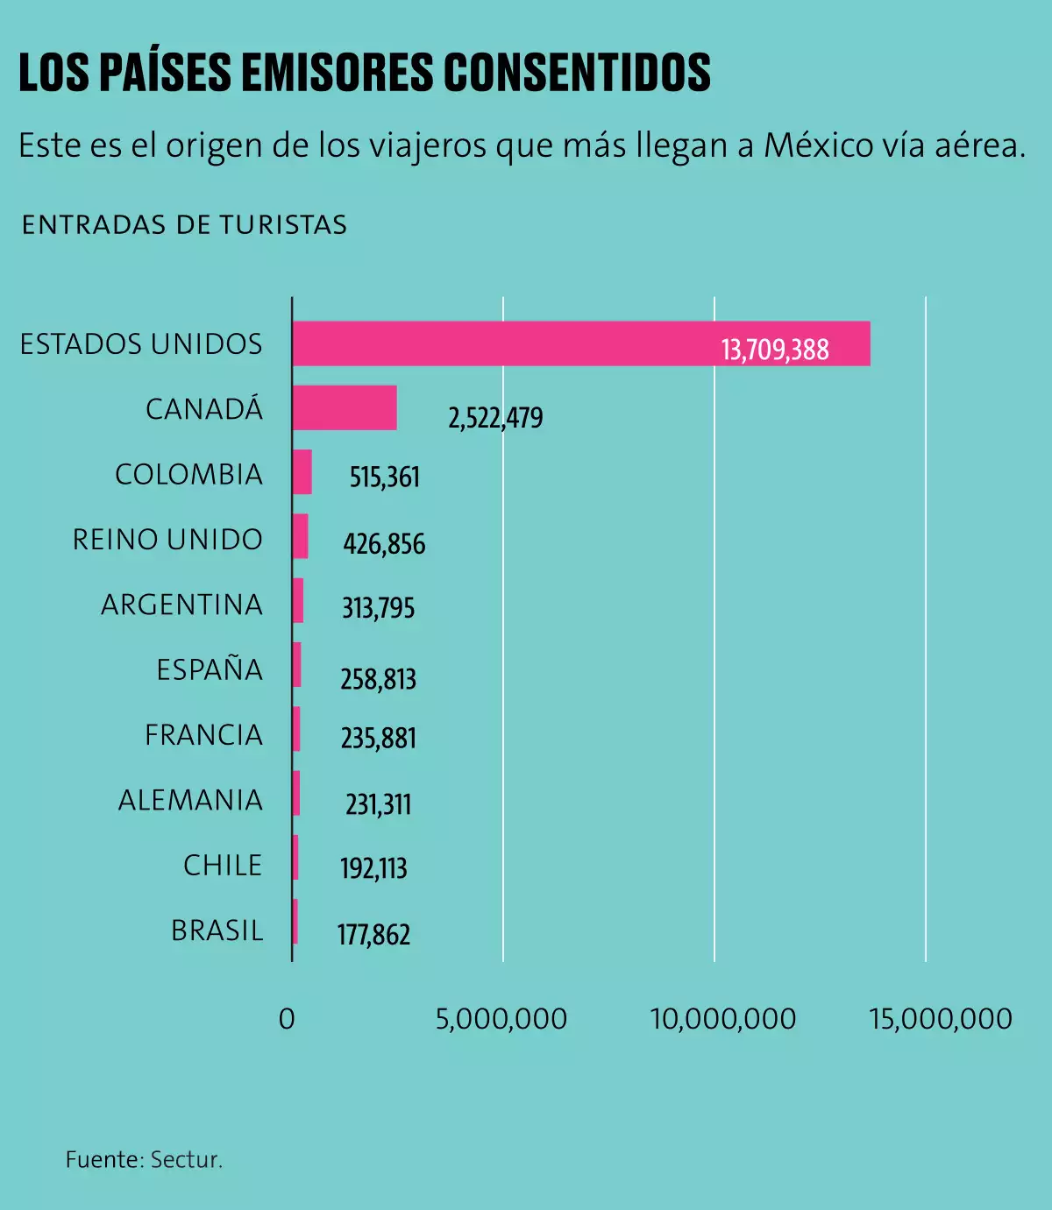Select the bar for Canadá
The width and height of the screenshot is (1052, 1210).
coord(345,407)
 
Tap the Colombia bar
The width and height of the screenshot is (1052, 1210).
coord(302,472)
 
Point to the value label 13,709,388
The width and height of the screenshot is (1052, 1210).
coord(775,350)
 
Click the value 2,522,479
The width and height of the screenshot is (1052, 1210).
coord(495,418)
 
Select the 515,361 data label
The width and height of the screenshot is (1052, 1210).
coord(385,478)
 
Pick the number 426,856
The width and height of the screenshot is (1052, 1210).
coord(384,544)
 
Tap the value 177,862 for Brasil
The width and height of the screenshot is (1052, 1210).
coord(374,935)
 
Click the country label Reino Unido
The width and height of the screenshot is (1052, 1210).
coord(167,540)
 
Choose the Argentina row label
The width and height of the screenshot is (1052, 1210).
coord(181,605)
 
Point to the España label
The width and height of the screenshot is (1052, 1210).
coord(210,669)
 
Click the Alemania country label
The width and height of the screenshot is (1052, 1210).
coord(190,800)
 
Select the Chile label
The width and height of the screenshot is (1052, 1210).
coord(223,866)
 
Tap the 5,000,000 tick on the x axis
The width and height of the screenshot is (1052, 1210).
coord(501,1019)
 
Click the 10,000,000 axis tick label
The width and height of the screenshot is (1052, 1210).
coord(723,1019)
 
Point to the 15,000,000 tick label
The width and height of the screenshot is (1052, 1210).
coord(941,1019)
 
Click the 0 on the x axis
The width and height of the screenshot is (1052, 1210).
coord(287,1019)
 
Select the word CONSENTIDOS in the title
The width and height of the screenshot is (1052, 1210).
coord(577,73)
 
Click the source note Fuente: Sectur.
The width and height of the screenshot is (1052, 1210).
coord(145,1160)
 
